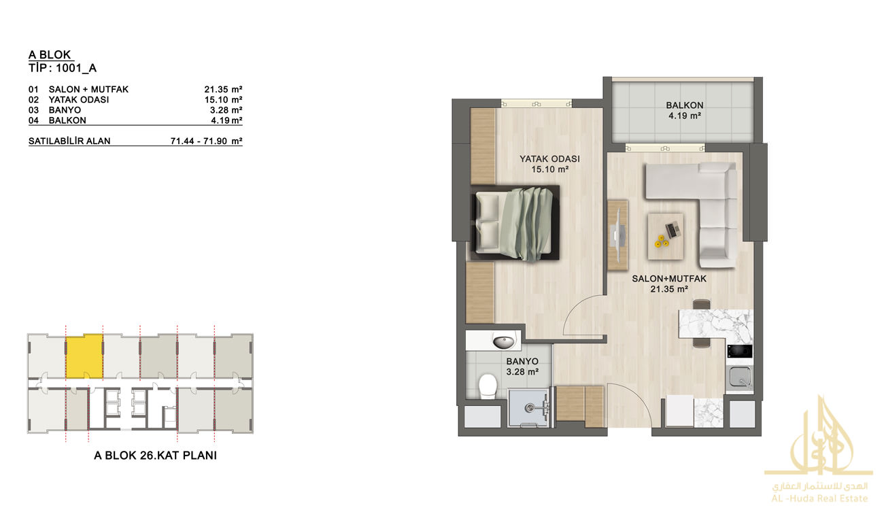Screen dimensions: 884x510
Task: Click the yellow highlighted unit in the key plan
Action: tap(84, 356)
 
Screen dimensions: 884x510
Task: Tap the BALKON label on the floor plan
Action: tap(684, 105)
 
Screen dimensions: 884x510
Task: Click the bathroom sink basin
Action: tap(505, 341)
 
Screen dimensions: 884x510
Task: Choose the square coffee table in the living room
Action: tap(666, 237)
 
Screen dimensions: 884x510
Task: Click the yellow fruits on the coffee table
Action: tap(662, 241)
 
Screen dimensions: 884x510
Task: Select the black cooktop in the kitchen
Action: tap(739, 351)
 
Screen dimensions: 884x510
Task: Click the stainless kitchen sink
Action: tap(739, 378)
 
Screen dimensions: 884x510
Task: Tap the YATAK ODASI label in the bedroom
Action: tap(549, 159)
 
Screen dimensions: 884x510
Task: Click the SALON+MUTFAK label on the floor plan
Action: tap(669, 279)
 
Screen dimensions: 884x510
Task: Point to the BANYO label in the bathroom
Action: tap(522, 362)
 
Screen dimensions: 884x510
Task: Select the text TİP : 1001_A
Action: tap(63, 68)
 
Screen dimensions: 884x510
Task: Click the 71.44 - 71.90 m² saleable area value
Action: tap(206, 141)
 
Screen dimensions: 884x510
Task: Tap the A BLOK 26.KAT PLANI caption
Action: tap(155, 456)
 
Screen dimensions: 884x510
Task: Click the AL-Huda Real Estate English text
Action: tap(819, 498)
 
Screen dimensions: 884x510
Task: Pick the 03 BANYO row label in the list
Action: tap(54, 110)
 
